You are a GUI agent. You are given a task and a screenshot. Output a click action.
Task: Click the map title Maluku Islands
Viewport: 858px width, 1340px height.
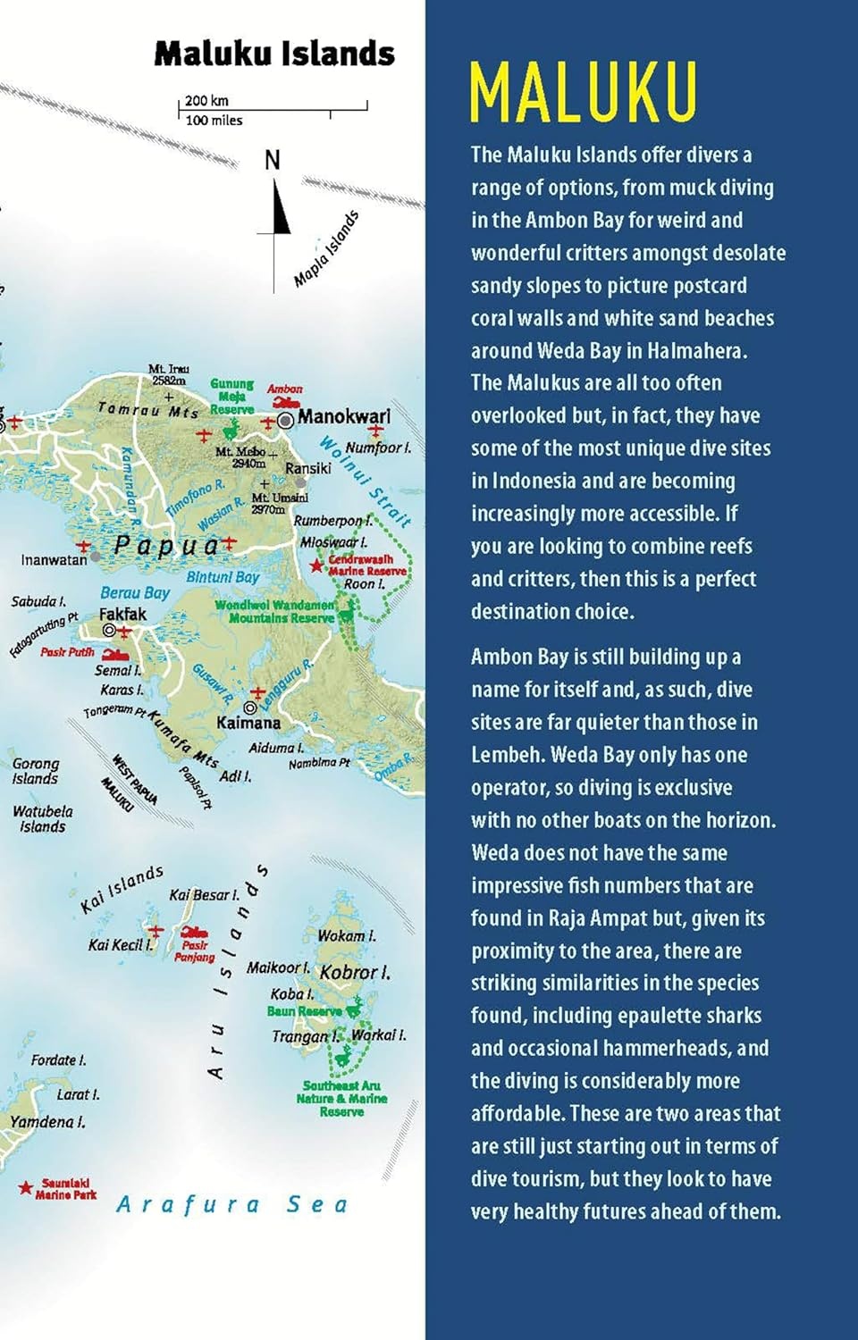point(274,54)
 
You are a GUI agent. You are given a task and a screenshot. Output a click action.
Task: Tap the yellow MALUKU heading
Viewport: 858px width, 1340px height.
point(583,92)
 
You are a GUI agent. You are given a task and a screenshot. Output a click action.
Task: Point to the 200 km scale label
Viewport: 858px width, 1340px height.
point(206,101)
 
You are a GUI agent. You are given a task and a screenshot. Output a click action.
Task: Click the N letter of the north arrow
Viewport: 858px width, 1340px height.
point(273,160)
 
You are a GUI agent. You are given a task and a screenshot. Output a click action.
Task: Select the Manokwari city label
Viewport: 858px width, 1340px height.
point(343,416)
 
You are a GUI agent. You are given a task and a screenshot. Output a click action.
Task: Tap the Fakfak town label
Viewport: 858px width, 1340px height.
point(122,614)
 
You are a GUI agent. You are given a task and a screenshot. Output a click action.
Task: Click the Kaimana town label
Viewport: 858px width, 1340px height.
point(248,722)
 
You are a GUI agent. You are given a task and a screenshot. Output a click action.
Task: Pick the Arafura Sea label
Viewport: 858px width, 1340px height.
point(231,1204)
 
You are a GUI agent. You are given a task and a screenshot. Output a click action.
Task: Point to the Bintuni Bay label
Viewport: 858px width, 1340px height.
point(223,577)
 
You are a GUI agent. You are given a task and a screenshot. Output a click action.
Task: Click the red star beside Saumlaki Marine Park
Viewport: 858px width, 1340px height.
point(26,1187)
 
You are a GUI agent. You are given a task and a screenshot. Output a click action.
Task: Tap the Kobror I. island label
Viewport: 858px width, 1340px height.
point(355,972)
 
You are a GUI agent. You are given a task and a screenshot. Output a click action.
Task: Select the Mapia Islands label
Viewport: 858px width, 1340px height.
point(326,249)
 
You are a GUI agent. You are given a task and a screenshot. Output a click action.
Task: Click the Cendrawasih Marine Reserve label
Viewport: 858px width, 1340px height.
point(366,565)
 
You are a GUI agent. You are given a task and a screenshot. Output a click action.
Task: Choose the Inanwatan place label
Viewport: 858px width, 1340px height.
point(54,560)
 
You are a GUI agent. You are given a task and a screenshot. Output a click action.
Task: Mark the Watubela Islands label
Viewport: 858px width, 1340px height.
point(43,819)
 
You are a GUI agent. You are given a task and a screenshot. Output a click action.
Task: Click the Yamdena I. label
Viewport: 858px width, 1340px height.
point(47,1122)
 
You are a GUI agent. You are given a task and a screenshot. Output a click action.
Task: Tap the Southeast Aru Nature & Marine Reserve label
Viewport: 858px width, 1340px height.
point(341,1099)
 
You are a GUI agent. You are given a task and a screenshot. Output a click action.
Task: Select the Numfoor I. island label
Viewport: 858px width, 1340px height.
point(378,448)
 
